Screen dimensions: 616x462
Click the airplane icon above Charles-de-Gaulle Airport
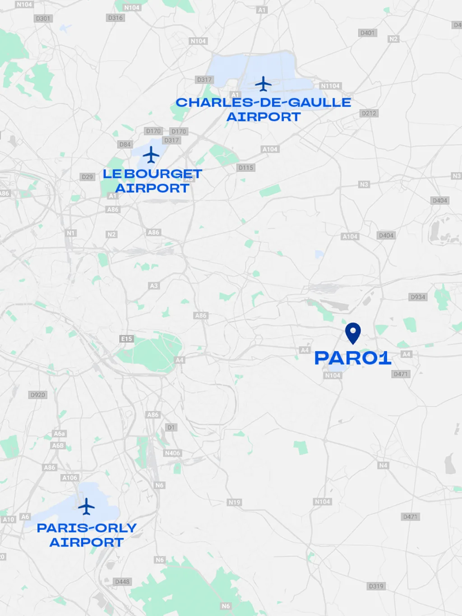tap(263, 84)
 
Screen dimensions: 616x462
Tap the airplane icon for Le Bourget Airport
tap(151, 155)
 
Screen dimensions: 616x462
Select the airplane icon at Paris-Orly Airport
tap(86, 506)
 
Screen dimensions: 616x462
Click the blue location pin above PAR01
tap(353, 333)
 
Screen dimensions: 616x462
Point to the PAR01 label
tap(352, 358)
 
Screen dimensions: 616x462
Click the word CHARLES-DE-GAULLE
tap(263, 102)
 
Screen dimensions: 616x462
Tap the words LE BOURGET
tap(152, 174)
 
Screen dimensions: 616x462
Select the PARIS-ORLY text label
tap(87, 528)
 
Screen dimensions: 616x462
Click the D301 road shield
tap(43, 19)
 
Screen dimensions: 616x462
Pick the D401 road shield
tap(367, 33)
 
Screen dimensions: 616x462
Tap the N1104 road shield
tap(330, 86)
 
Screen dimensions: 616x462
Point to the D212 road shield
tap(369, 113)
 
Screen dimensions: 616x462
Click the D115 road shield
tap(246, 168)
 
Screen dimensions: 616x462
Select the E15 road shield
tap(127, 339)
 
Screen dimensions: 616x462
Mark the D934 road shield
tap(418, 297)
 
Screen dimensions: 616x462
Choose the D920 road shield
tap(38, 395)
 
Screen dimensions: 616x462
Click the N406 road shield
tap(172, 453)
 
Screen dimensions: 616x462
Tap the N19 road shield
tap(234, 502)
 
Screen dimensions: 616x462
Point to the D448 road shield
tap(122, 582)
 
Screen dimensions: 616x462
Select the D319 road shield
tap(376, 586)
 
